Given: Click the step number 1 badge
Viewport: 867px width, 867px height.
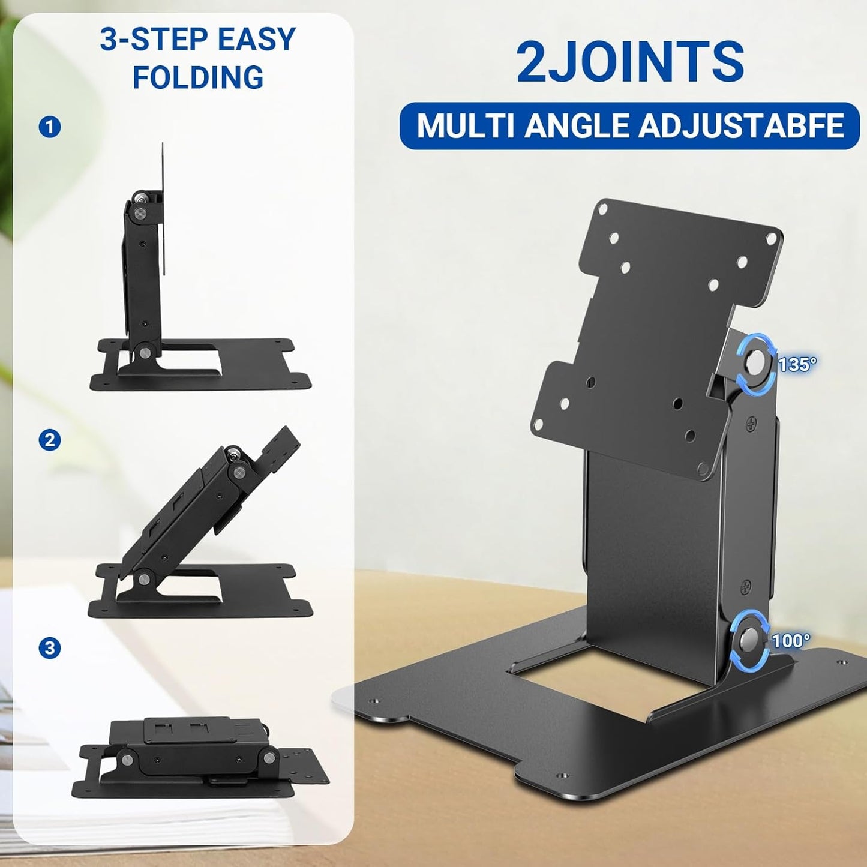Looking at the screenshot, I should (x=50, y=127).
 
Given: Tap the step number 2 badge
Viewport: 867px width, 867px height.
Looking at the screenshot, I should (x=50, y=440).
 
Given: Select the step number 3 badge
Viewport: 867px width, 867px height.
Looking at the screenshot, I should (x=50, y=648).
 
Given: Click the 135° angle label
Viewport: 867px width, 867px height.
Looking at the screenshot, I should (x=797, y=364).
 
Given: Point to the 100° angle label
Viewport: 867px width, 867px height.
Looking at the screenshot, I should (x=791, y=640).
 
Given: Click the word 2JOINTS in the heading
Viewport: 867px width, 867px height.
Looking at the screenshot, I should (x=630, y=62).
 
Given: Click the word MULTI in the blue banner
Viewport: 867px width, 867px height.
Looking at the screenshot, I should (x=467, y=126).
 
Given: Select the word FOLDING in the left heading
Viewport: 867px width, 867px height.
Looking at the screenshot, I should (x=198, y=77).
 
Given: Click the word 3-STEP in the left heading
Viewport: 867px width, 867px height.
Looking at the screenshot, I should (x=154, y=40).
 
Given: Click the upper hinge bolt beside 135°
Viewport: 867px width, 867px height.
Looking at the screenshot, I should (x=755, y=364).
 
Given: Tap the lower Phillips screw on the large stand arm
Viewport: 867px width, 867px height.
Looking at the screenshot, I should (x=745, y=585).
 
